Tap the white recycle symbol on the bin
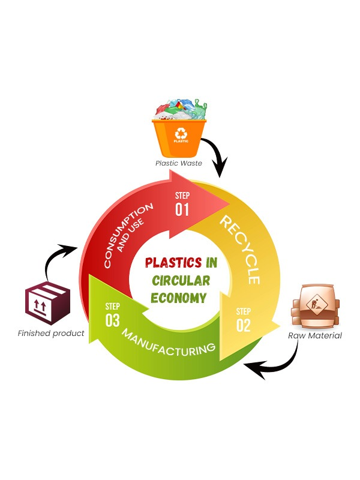181,134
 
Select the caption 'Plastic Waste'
179,163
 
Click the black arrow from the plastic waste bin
217,155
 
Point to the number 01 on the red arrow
182,209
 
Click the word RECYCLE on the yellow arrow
241,250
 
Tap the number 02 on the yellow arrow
244,325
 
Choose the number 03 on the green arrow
112,320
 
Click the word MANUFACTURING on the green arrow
169,343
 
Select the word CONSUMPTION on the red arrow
125,235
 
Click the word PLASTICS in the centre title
173,263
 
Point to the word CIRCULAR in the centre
181,281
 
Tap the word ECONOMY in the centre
179,298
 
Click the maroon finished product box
48,304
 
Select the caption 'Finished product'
51,333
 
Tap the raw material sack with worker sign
316,305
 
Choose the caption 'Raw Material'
315,336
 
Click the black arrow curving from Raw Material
281,364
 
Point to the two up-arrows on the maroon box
40,305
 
